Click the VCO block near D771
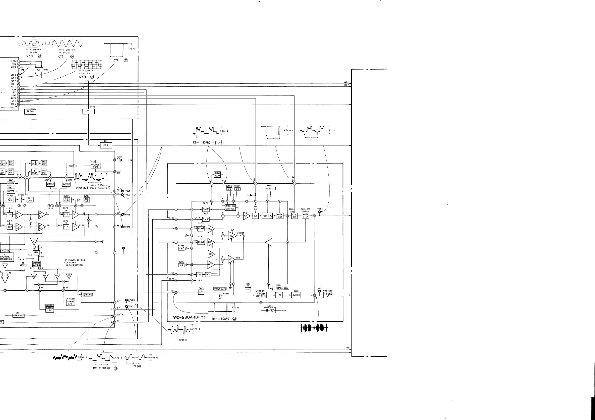(38, 70)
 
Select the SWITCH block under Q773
(30, 112)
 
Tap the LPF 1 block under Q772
(88, 111)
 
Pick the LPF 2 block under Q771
(106, 145)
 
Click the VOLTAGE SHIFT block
(95, 166)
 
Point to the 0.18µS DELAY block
(217, 174)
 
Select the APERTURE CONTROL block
(230, 207)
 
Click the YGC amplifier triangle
(246, 216)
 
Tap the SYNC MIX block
(294, 216)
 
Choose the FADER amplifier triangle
(231, 236)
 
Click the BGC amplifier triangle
(231, 259)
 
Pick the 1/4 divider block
(199, 275)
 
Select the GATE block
(208, 275)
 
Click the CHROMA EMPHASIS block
(261, 295)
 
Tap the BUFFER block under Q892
(296, 295)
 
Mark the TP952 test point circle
(320, 212)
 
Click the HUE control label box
(182, 265)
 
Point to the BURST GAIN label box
(220, 289)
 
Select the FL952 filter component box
(270, 310)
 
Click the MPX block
(36, 252)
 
